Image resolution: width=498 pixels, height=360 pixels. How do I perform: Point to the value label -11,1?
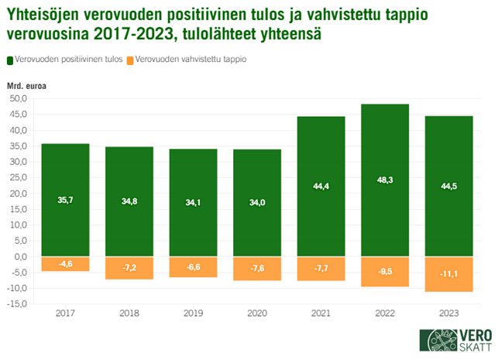pos(449,273)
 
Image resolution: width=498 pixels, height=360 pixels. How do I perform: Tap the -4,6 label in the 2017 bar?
pos(66,264)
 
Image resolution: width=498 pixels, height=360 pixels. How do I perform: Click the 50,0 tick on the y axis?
pos(18,99)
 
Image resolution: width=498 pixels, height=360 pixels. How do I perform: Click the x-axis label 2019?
pos(194,314)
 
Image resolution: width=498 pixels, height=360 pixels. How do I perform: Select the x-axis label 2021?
pos(321,314)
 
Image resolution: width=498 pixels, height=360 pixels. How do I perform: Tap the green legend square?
pos(10,60)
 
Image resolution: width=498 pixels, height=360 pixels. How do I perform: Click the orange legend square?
pos(129,60)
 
